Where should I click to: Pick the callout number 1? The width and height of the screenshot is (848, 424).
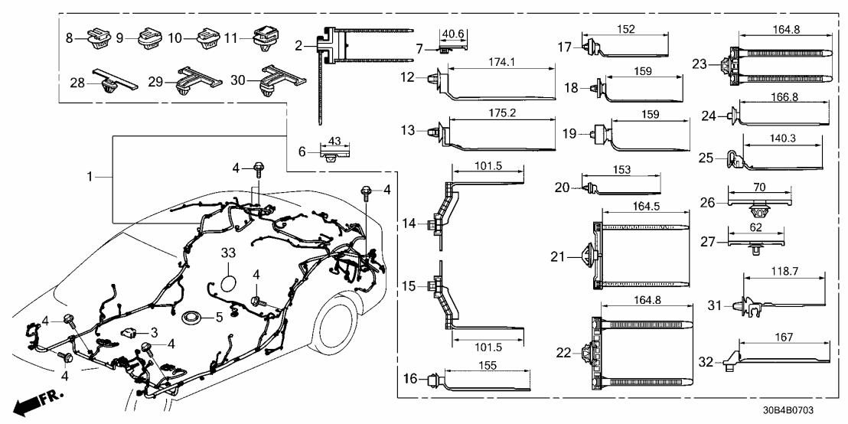click(x=91, y=177)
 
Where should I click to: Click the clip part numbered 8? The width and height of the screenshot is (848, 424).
click(x=97, y=37)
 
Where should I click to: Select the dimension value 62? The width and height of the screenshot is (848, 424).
click(x=757, y=227)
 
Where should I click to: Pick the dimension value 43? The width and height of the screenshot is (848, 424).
click(x=332, y=142)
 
